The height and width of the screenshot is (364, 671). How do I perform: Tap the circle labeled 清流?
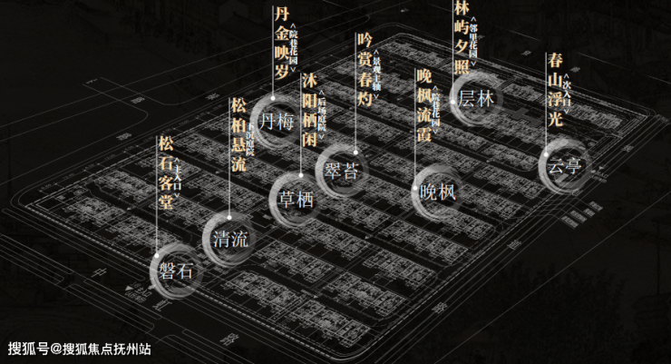(229, 240)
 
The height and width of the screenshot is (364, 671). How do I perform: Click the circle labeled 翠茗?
(343, 170)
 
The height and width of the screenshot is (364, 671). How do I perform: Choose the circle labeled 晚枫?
(438, 191)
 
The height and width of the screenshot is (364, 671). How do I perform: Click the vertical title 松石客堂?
(165, 171)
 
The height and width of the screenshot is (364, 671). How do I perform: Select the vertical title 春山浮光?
(555, 89)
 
